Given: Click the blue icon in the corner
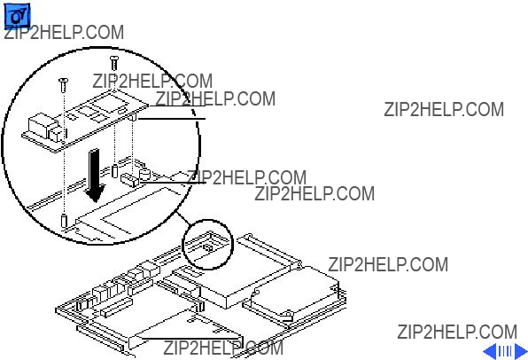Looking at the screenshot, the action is tap(17, 15).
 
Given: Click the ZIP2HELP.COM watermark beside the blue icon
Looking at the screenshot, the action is tap(64, 32).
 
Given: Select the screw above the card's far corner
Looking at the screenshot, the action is tap(114, 63).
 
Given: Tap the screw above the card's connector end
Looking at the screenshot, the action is tap(63, 84).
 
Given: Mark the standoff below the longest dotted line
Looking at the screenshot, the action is tap(64, 220).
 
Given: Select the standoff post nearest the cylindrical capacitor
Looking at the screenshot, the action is tap(114, 170).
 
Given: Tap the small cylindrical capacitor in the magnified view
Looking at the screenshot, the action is tap(144, 174).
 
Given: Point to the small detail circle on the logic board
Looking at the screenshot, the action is tap(208, 245).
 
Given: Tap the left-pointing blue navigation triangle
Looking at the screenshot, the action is tap(490, 351).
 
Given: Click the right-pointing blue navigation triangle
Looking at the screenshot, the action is tap(521, 351).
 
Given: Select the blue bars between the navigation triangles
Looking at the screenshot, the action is tap(505, 351).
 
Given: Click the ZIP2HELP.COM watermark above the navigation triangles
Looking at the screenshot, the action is tap(457, 332).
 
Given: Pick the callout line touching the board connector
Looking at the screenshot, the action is tap(173, 183).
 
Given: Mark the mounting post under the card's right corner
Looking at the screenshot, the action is tap(133, 117).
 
